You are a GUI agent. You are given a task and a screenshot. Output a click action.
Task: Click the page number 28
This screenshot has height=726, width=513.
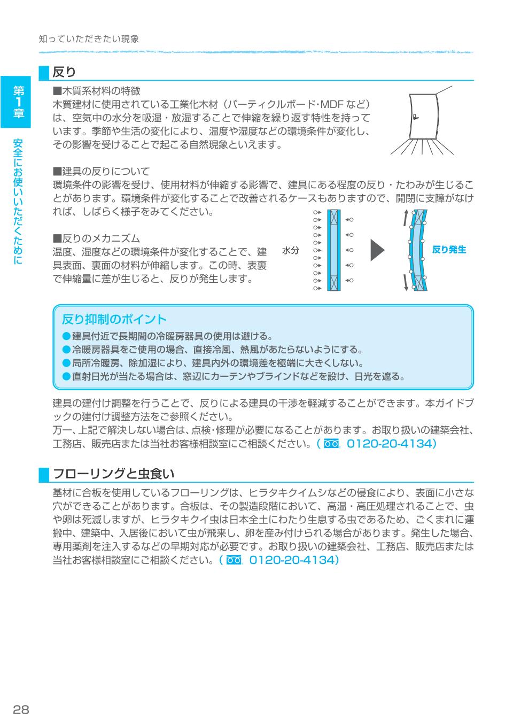[21, 709]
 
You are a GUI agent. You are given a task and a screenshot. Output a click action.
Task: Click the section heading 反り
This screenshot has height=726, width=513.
[64, 72]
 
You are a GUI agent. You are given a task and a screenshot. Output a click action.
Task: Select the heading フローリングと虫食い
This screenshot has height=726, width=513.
[113, 474]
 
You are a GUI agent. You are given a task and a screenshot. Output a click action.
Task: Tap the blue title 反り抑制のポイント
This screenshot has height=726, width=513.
[114, 319]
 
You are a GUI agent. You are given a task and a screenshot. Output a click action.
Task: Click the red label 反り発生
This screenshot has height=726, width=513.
[449, 250]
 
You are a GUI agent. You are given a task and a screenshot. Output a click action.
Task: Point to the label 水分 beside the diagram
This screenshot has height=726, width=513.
[291, 250]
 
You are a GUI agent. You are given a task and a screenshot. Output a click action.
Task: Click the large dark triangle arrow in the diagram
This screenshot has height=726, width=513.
[377, 250]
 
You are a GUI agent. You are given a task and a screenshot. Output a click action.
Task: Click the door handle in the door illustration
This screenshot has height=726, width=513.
[415, 117]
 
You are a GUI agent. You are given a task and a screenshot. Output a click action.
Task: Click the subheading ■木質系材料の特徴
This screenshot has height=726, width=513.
[96, 91]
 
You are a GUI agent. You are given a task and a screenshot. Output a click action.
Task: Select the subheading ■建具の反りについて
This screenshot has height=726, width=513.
[101, 172]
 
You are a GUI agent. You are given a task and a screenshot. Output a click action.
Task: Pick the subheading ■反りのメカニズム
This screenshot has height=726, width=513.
[96, 238]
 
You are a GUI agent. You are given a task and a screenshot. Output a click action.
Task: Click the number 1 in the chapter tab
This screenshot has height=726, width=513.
[19, 102]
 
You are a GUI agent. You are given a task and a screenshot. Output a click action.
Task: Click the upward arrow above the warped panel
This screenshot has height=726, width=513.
[406, 219]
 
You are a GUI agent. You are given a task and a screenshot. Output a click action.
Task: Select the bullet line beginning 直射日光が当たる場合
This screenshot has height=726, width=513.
[234, 376]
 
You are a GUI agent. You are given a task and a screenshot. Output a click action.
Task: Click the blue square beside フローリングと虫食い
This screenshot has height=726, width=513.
[44, 474]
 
